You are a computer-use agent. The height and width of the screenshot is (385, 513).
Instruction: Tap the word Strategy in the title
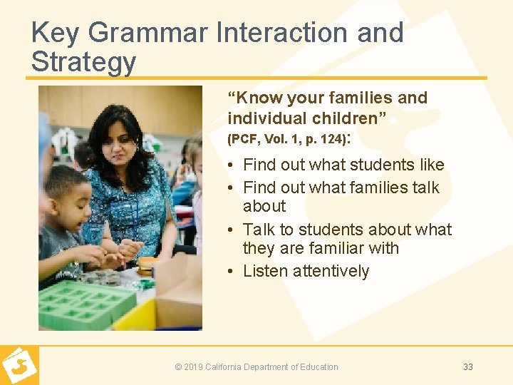tap(83, 62)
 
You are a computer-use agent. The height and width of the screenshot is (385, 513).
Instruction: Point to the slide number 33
tap(468, 367)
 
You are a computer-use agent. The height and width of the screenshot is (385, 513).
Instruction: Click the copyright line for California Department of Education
tap(256, 367)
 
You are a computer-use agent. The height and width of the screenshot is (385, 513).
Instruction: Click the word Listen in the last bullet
tap(265, 271)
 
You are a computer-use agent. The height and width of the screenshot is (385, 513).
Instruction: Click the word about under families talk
tap(264, 206)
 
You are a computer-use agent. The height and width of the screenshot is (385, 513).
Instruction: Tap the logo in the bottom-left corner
tap(19, 366)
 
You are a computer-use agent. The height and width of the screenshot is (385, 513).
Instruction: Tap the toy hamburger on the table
tap(147, 265)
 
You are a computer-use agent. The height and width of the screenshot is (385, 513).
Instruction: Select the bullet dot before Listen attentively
tap(232, 272)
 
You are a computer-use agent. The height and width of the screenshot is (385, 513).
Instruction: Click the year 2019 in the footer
tap(193, 367)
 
